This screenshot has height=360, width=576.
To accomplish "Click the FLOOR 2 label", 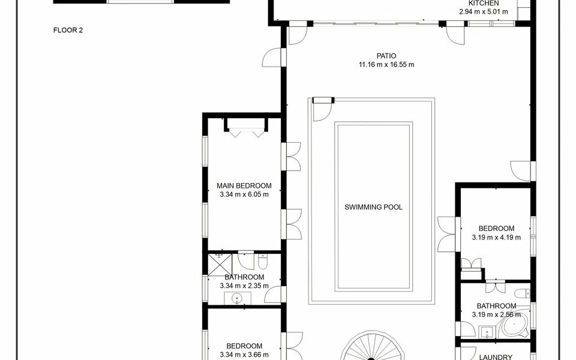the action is [x=68, y=30].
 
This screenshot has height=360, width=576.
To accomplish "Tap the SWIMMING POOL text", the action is [x=373, y=207].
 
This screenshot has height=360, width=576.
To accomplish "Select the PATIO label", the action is [x=386, y=56].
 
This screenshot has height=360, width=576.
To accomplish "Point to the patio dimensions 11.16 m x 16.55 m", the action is [x=386, y=65].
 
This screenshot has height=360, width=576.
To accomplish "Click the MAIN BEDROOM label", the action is [x=244, y=186].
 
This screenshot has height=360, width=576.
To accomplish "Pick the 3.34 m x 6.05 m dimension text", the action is [x=244, y=194].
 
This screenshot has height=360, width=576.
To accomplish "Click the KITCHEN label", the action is [x=484, y=3].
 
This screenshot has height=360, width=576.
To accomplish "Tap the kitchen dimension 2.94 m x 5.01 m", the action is [x=484, y=11].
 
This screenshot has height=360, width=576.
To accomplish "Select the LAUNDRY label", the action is [x=496, y=357].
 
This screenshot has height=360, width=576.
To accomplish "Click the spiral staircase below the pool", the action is [x=370, y=347].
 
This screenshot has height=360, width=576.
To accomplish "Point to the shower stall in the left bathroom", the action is [x=220, y=264].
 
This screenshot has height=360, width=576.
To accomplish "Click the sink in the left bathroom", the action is [x=237, y=298].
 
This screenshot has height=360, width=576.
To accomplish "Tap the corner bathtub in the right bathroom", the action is [x=514, y=325].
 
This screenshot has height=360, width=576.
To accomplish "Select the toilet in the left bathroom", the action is [x=263, y=261].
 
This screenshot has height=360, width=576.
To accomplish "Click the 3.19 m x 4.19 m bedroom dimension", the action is [x=496, y=238].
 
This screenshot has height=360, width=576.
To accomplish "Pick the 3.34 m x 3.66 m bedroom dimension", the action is [x=244, y=355].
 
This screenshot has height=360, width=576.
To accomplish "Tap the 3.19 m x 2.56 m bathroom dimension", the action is [x=496, y=314].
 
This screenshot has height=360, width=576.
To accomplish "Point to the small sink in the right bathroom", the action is [x=487, y=332].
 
